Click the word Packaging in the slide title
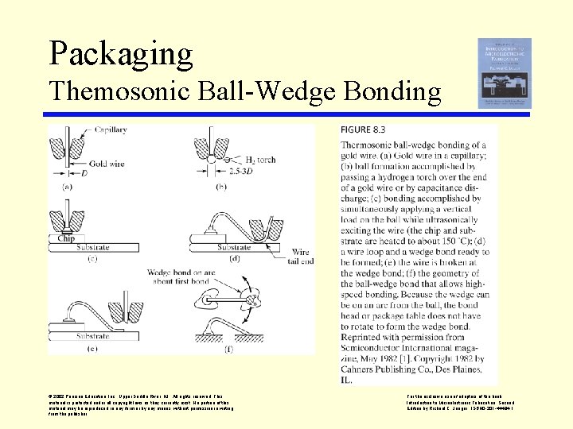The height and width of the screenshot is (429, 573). pos(121,52)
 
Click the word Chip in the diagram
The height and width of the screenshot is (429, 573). pos(66,237)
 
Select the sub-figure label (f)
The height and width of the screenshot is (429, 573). pos(228,348)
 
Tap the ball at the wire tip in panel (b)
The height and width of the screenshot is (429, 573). pos(213,160)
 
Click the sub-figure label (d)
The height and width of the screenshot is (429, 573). pos(236,258)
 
